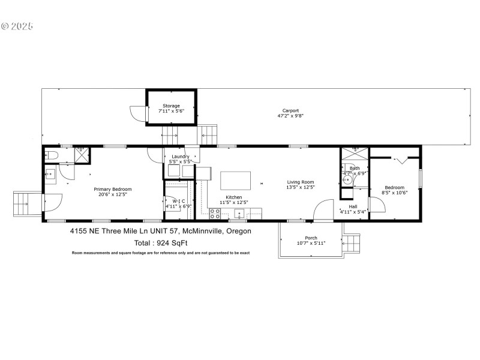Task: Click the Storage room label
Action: tap(171, 106)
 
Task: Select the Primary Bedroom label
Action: tap(112, 189)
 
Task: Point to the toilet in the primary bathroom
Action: tap(53, 155)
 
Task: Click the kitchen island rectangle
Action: tap(235, 181)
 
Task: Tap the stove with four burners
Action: tap(215, 213)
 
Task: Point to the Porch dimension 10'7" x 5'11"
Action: tap(311, 243)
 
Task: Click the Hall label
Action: tap(353, 206)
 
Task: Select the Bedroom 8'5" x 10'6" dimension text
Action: tap(394, 193)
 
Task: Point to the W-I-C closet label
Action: tap(178, 201)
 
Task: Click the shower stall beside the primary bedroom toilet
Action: tap(81, 155)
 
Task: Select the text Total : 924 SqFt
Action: tap(160, 243)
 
